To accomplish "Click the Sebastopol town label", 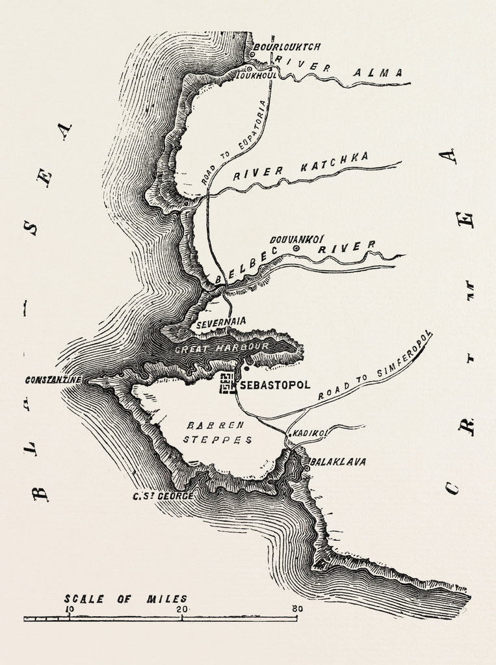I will [272, 385].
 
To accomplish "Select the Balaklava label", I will [338, 462].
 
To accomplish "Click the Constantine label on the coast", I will [53, 380].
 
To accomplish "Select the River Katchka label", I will [300, 166].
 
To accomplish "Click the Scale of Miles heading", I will [125, 598].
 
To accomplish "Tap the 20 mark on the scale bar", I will [183, 609].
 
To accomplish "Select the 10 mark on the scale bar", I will [69, 609].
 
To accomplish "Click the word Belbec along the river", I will [242, 270].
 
